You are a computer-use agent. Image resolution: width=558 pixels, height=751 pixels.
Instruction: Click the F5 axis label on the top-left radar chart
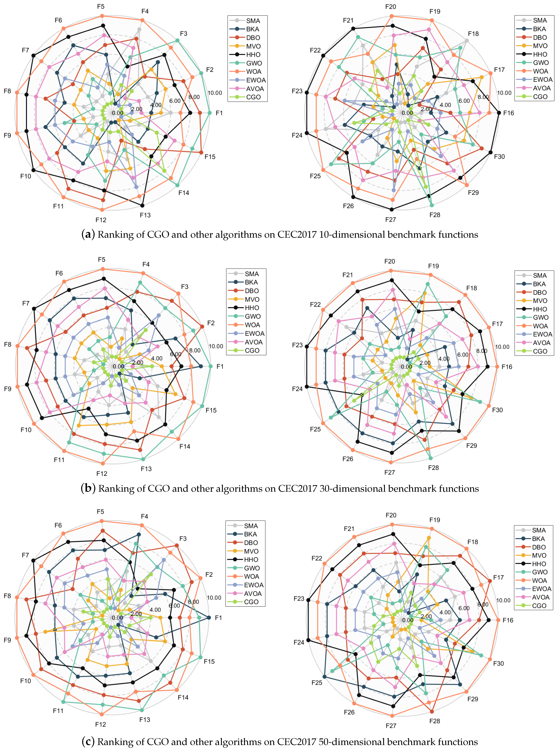click(101, 6)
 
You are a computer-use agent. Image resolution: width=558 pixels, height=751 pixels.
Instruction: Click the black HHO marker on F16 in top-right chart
click(499, 113)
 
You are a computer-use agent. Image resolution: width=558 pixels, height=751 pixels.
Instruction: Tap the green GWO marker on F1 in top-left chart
click(209, 113)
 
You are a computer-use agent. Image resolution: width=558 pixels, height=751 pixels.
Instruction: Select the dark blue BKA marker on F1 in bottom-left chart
click(209, 617)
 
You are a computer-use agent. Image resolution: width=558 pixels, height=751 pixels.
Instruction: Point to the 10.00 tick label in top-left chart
click(215, 93)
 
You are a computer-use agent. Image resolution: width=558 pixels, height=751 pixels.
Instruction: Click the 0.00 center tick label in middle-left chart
click(119, 366)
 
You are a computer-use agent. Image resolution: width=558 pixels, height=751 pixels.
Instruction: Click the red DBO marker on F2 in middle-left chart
click(202, 326)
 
